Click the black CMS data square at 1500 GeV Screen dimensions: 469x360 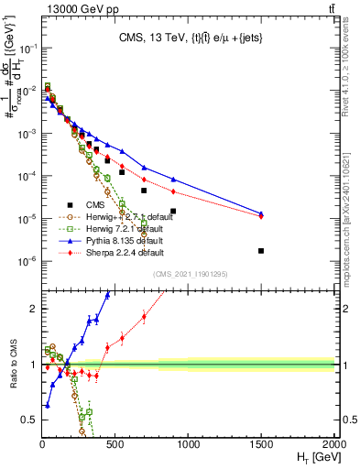tap(261, 251)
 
